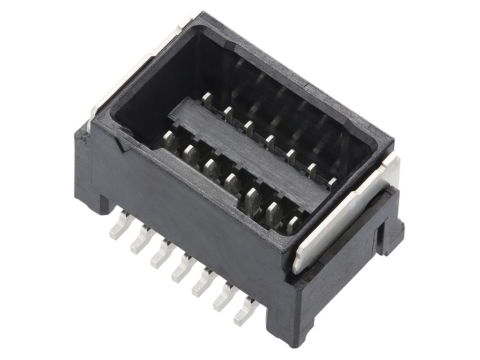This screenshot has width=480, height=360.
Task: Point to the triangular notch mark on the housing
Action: pos(125,146)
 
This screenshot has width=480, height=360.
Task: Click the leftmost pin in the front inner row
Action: pos(171,141)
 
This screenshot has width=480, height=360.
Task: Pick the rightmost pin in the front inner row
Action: pos(293,224)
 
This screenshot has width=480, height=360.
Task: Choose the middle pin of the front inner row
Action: pos(232,181)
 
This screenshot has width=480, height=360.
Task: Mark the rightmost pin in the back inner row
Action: pos(332,183)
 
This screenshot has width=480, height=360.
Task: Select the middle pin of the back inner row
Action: pos(270,142)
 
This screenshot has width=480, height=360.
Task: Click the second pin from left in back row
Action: pos(228,114)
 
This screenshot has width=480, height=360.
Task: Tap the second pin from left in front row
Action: pos(191,154)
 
